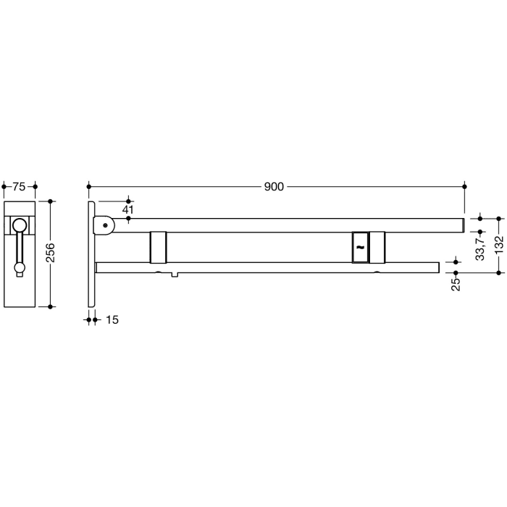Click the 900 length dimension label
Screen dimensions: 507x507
pos(273,187)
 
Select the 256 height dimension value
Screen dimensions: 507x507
pos(51,253)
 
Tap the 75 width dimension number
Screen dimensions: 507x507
pos(19,187)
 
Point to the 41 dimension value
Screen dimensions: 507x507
pos(127,210)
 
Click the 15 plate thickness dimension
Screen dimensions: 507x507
pos(113,319)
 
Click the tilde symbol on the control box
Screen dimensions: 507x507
pos(359,248)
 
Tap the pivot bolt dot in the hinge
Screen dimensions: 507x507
pos(106,225)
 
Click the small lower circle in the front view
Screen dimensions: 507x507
pos(20,269)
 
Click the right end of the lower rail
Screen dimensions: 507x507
pos(437,267)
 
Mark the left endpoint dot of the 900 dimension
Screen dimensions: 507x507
pos(89,187)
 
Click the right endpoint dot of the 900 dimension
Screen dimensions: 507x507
pos(464,187)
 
